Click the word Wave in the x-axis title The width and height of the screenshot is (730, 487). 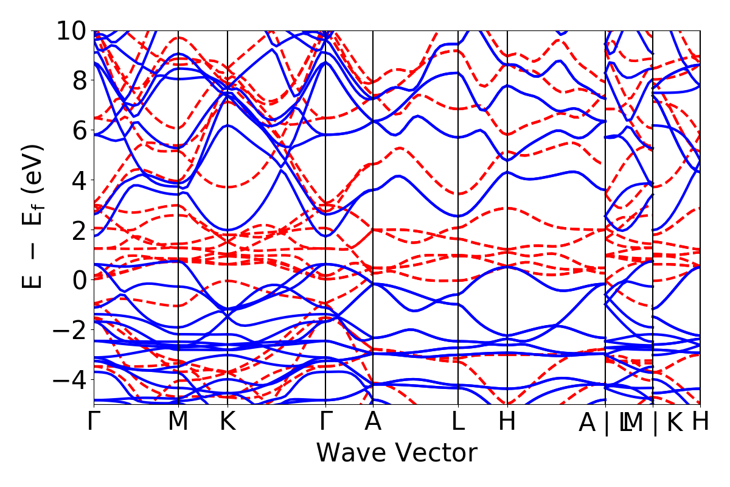(x=350, y=454)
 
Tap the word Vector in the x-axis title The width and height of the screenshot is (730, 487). (x=433, y=454)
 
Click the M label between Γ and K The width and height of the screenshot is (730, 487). (x=178, y=422)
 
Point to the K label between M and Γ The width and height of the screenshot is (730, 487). (x=228, y=422)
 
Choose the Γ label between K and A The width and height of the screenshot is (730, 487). (x=326, y=422)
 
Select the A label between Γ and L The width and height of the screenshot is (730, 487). (x=373, y=422)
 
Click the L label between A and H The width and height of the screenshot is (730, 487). (x=458, y=422)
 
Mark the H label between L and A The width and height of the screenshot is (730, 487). (x=507, y=422)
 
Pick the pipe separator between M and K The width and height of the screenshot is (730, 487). (x=655, y=422)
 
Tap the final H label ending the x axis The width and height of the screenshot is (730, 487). (x=700, y=422)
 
